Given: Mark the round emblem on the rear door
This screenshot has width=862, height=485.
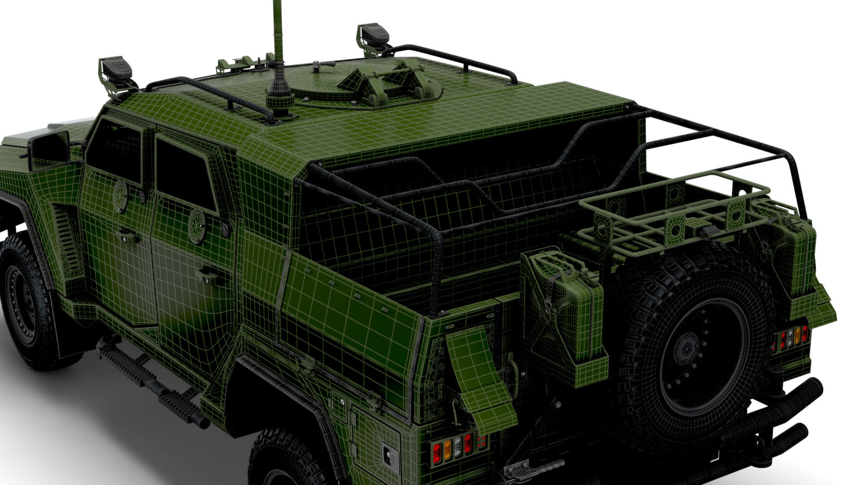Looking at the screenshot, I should point(197,225).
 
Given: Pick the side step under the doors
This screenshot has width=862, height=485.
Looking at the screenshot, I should point(153,382).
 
